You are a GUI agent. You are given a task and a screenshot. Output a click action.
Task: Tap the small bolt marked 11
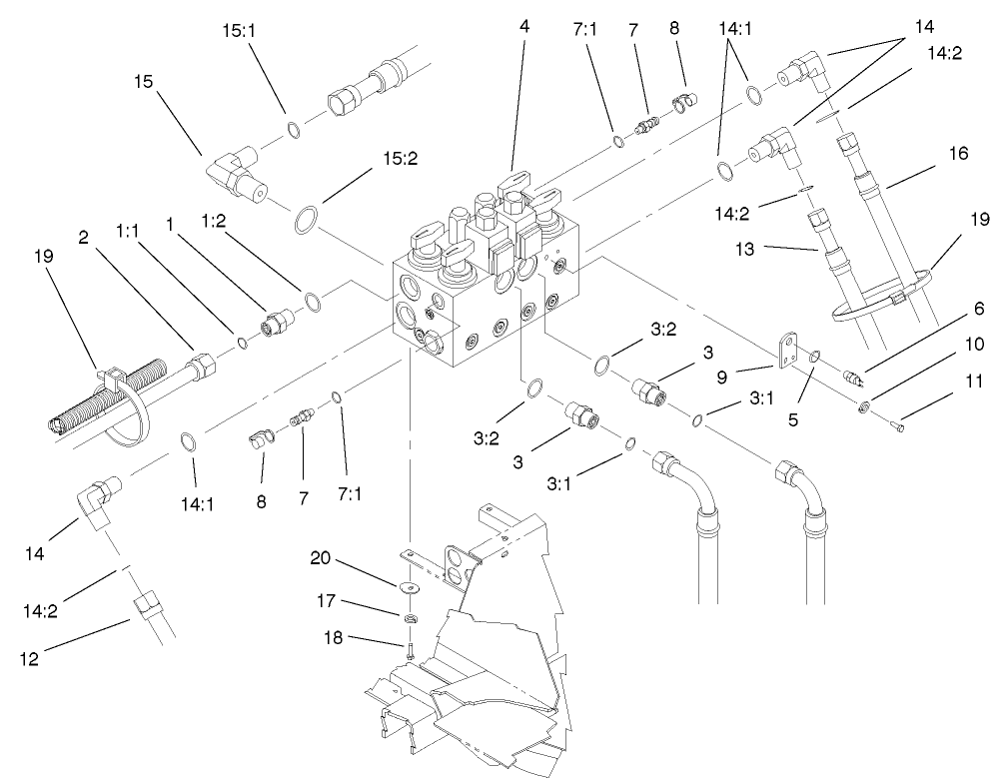900,428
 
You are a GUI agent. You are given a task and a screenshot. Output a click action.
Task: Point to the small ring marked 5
815,356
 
